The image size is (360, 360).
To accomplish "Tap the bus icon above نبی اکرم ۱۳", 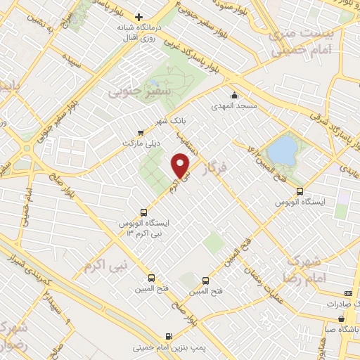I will click(x=144, y=211).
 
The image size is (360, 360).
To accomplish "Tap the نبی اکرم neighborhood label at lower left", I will click(x=98, y=266).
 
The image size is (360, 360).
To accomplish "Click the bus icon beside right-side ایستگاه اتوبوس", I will click(x=300, y=191).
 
